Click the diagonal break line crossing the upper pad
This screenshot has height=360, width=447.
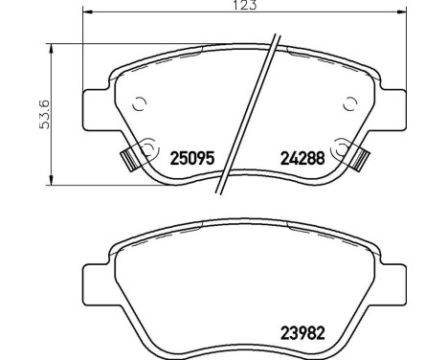(248, 120)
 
